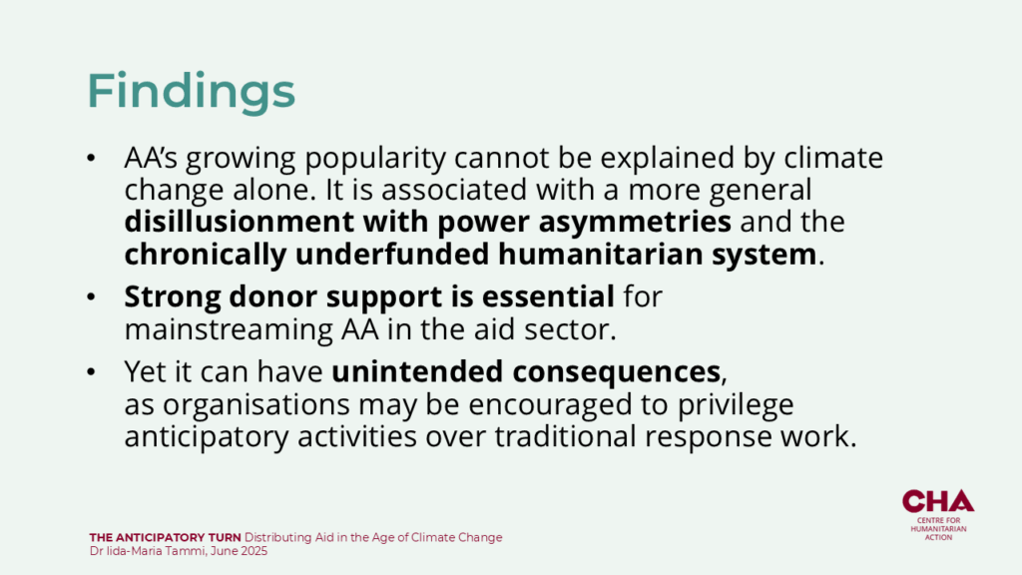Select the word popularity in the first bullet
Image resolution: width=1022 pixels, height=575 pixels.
click(375, 159)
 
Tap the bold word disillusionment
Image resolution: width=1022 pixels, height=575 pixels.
click(240, 222)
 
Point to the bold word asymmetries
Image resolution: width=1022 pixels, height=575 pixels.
click(634, 223)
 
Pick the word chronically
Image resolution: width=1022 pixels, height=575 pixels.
click(206, 255)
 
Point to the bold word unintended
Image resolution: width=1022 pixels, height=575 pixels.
click(417, 371)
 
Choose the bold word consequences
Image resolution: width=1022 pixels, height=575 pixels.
click(616, 372)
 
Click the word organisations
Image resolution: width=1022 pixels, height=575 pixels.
click(256, 405)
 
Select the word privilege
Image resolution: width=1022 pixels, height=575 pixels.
click(736, 405)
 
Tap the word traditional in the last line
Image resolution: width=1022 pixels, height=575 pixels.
click(565, 436)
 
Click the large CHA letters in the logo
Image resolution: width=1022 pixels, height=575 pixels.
click(938, 501)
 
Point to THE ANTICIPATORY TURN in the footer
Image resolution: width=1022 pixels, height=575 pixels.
click(165, 538)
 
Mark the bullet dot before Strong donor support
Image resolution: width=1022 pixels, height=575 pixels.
click(91, 297)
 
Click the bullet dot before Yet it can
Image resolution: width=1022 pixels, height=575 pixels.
click(91, 371)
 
